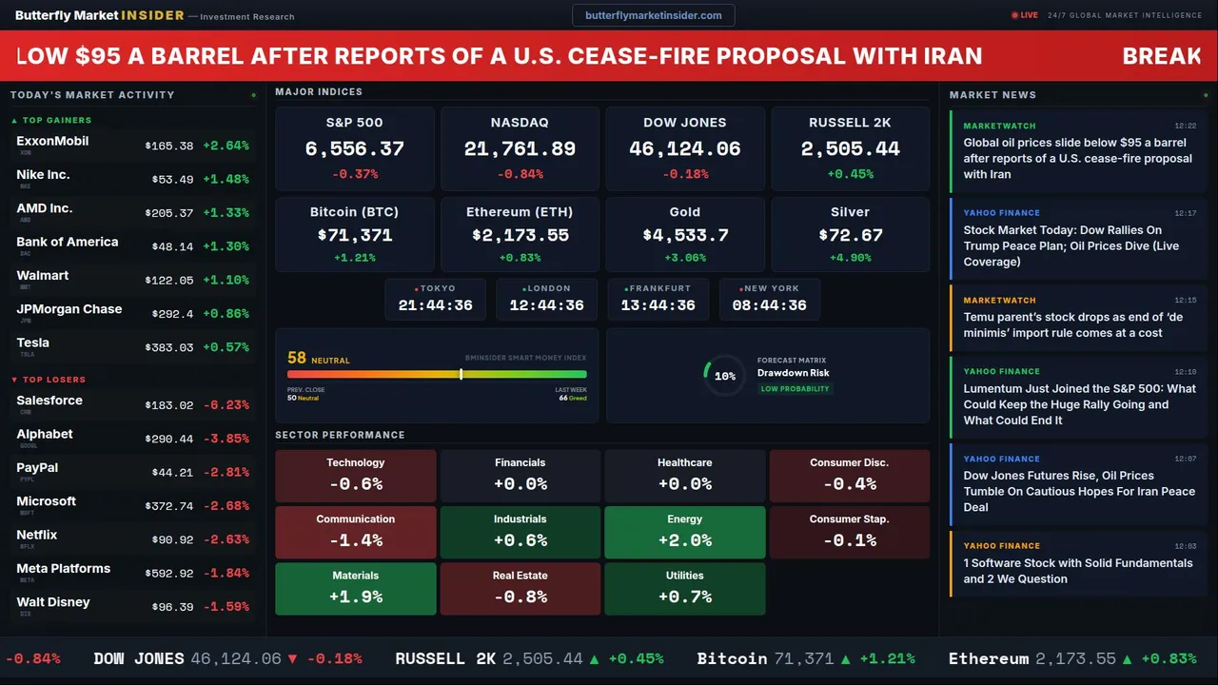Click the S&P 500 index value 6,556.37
tap(354, 149)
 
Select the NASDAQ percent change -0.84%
tap(520, 174)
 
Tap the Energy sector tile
tap(684, 532)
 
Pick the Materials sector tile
tap(355, 588)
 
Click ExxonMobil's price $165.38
tap(169, 147)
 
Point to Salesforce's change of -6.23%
tap(226, 405)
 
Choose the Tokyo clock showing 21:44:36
tap(435, 305)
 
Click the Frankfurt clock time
tap(658, 305)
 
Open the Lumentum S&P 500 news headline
tap(1079, 404)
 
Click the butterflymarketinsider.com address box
tap(653, 15)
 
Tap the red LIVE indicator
tap(1025, 15)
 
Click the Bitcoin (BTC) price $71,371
tap(355, 236)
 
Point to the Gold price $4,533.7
tap(685, 236)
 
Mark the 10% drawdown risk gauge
tap(724, 376)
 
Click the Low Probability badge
tap(795, 389)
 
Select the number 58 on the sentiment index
tap(297, 358)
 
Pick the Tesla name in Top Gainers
tap(33, 342)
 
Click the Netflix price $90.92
tap(172, 540)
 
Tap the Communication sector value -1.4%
tap(355, 540)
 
